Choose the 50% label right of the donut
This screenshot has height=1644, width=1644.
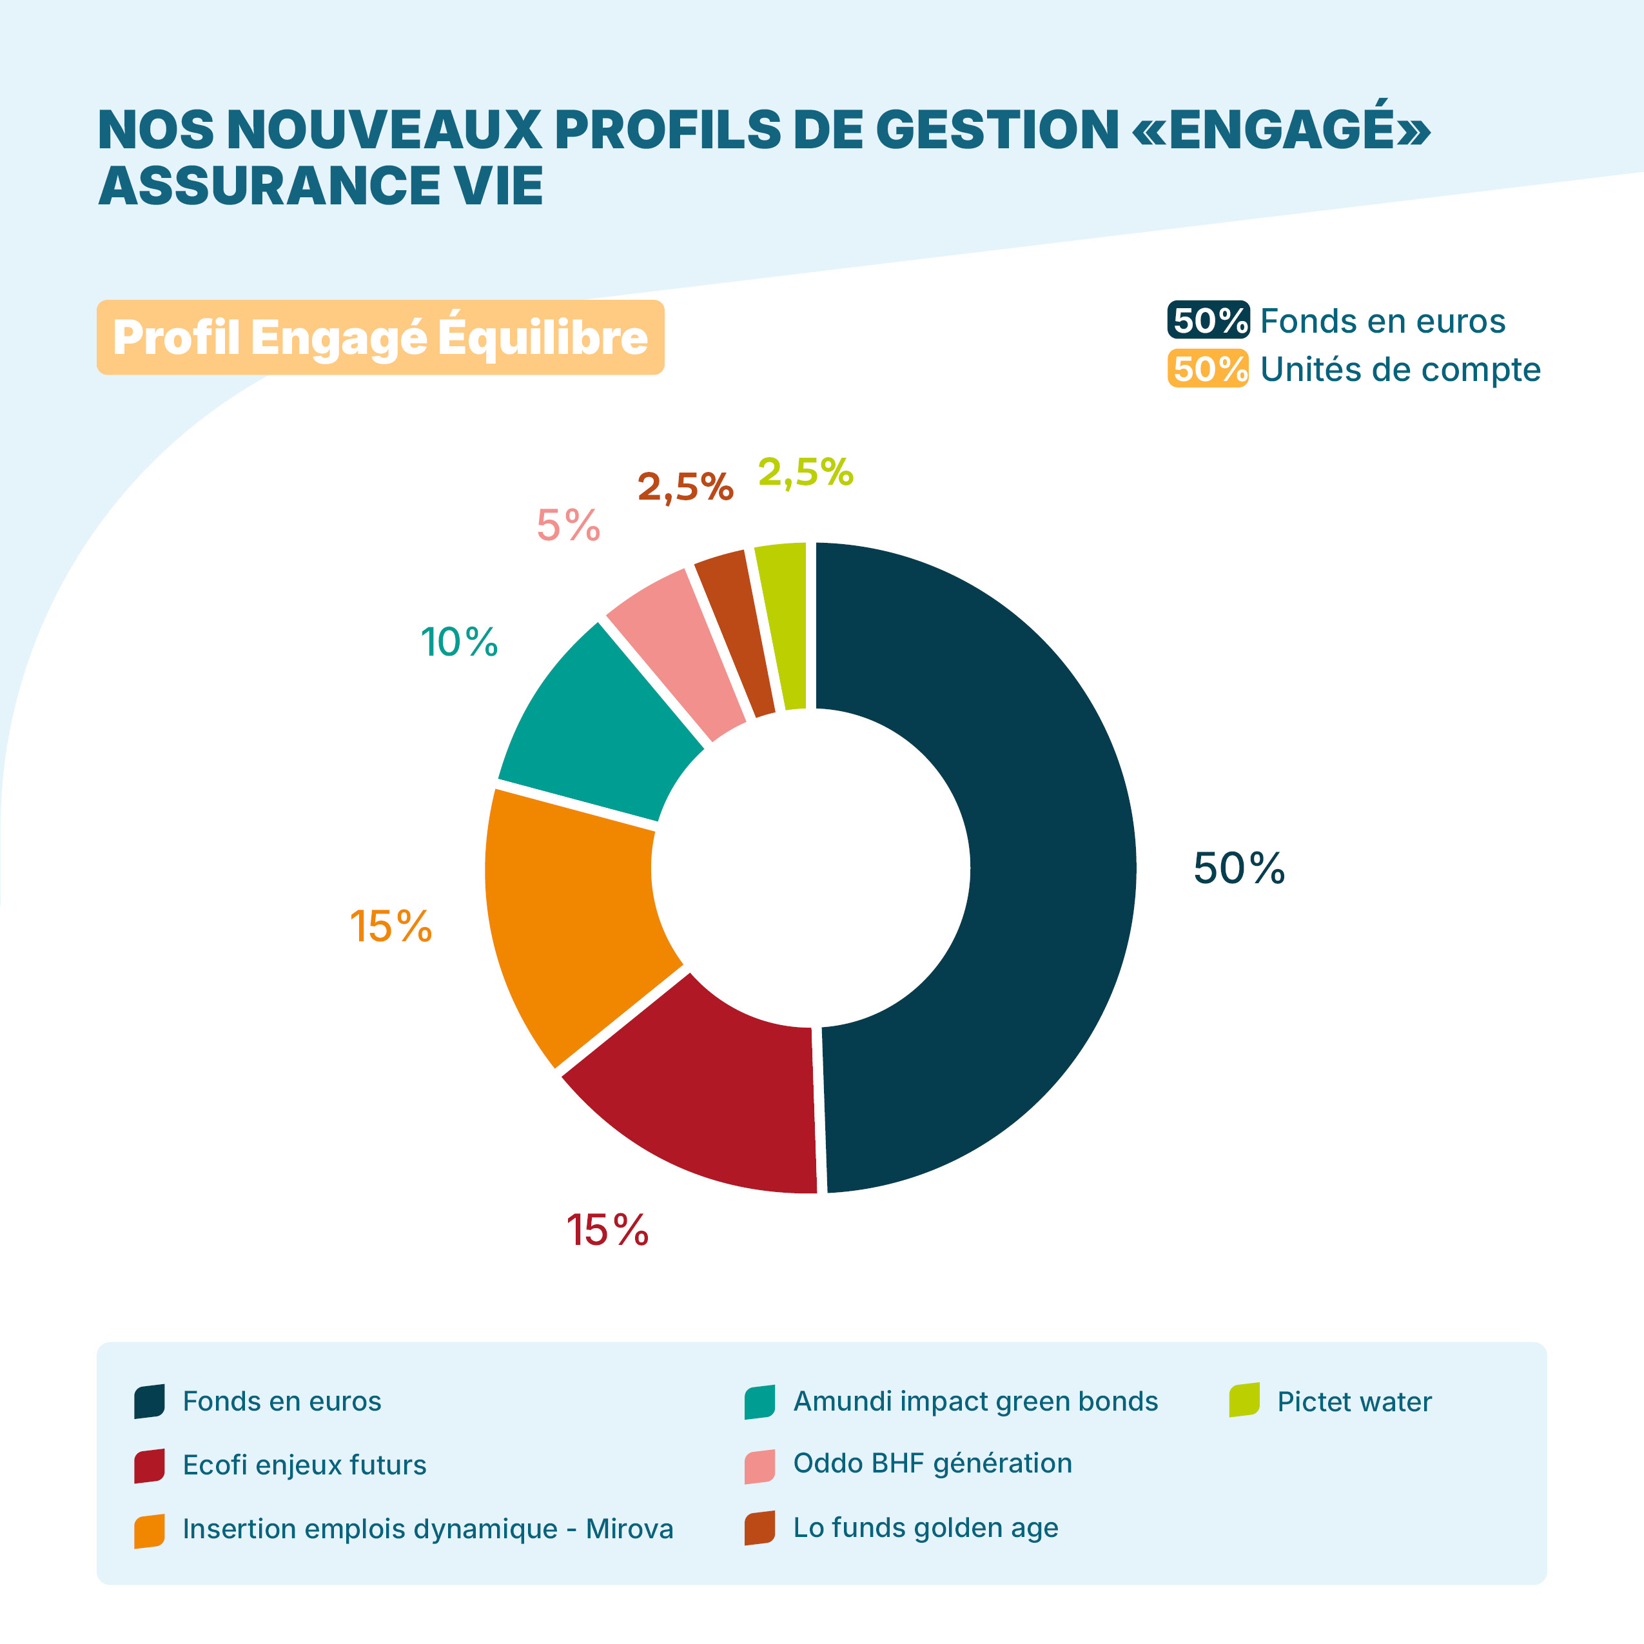tap(1239, 869)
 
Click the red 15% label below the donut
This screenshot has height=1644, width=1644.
tap(607, 1231)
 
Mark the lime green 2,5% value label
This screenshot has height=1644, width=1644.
tap(806, 473)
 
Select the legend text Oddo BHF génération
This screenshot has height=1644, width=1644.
tap(933, 1463)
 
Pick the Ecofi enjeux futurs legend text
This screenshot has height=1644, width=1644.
tap(305, 1465)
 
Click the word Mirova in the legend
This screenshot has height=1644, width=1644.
tap(630, 1529)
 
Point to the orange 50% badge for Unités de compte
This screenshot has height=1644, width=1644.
tap(1208, 369)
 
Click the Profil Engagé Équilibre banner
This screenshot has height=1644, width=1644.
tap(380, 337)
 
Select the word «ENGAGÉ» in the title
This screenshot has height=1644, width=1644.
tap(1280, 130)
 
